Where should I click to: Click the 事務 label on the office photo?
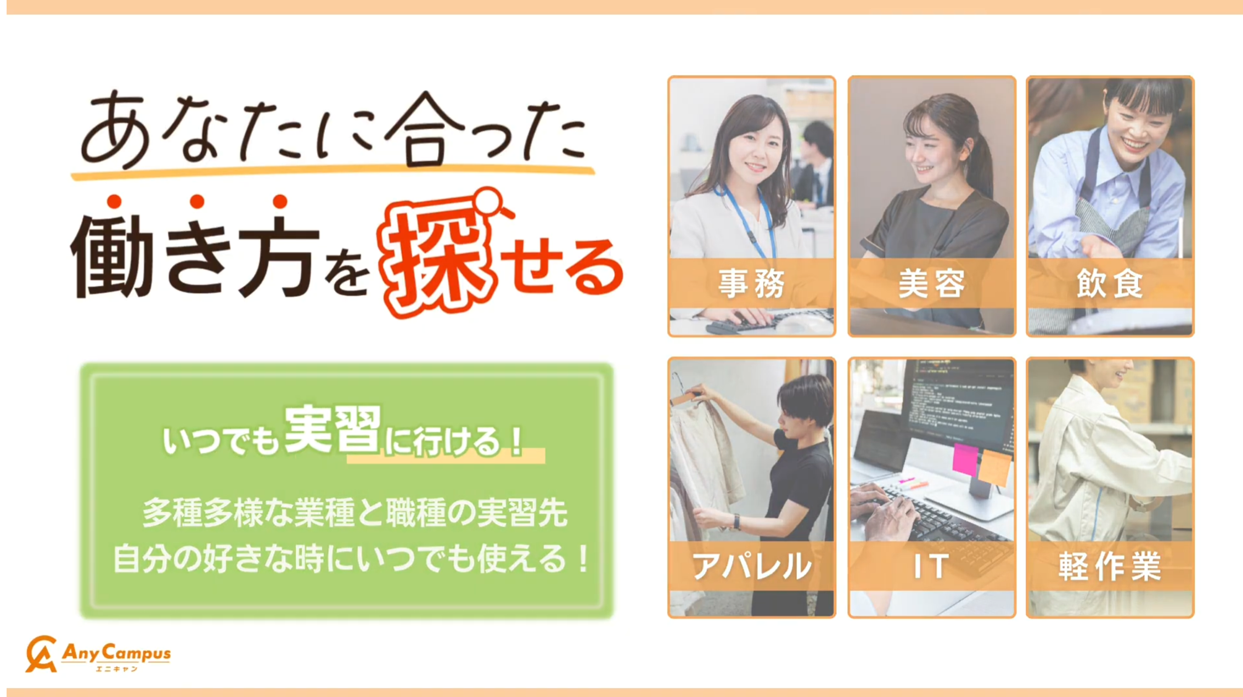(x=752, y=284)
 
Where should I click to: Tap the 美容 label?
(x=931, y=284)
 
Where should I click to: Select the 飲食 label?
(x=1110, y=284)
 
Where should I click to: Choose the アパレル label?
(x=752, y=566)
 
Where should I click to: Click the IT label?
(x=931, y=566)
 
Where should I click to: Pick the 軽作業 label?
(x=1110, y=566)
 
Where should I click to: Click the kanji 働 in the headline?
(x=113, y=255)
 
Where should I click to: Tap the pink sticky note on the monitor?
(x=965, y=459)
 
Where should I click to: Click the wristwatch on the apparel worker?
(x=737, y=522)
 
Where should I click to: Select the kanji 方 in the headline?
(x=280, y=255)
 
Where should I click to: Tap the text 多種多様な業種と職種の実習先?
(x=355, y=513)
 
